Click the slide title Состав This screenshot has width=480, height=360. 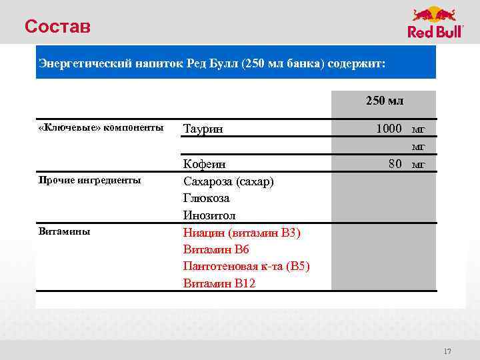[57, 27]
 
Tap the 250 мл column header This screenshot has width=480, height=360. [384, 101]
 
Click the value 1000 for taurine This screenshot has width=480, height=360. [389, 128]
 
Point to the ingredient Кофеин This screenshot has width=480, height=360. [205, 164]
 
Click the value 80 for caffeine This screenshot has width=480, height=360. [395, 163]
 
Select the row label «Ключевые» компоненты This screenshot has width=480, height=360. [101, 127]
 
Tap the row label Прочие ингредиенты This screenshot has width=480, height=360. [89, 180]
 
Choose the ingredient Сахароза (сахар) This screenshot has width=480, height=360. [228, 181]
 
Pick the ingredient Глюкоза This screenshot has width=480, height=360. [206, 198]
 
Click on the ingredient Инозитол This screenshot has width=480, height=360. [209, 215]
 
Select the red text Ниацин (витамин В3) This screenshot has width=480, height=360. [241, 233]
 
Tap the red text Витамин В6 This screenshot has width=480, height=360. [216, 249]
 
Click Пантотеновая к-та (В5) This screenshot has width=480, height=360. [246, 266]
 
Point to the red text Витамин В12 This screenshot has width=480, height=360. [219, 283]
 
